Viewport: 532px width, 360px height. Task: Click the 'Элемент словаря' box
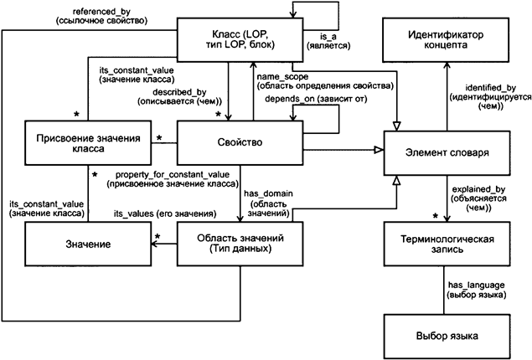(447, 154)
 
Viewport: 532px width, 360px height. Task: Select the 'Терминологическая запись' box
(447, 244)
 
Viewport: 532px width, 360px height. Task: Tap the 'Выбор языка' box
(447, 336)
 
